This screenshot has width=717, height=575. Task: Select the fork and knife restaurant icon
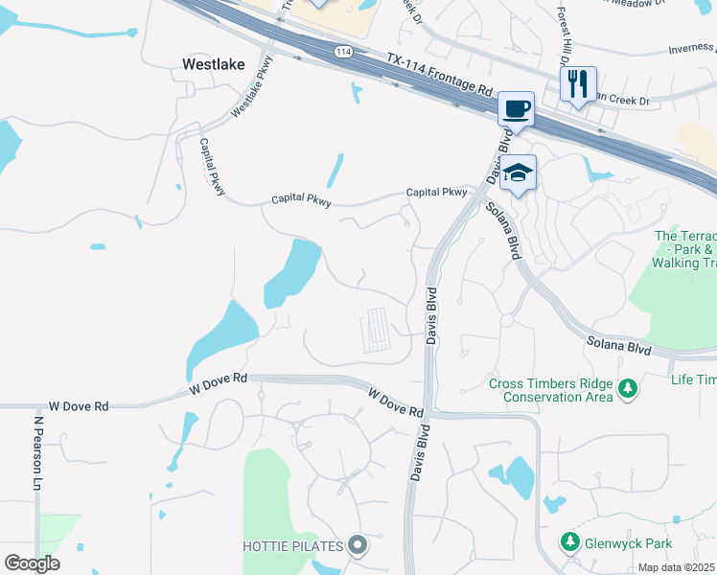578,83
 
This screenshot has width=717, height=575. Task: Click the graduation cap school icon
518,172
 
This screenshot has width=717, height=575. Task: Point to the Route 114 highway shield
342,52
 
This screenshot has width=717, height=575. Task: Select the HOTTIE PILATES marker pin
358,546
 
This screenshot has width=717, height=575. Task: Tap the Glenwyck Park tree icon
570,542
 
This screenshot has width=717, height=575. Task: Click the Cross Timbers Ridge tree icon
628,389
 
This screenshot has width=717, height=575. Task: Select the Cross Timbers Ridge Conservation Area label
550,390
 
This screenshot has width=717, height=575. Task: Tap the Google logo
32,563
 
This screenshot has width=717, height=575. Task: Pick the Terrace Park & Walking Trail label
684,248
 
